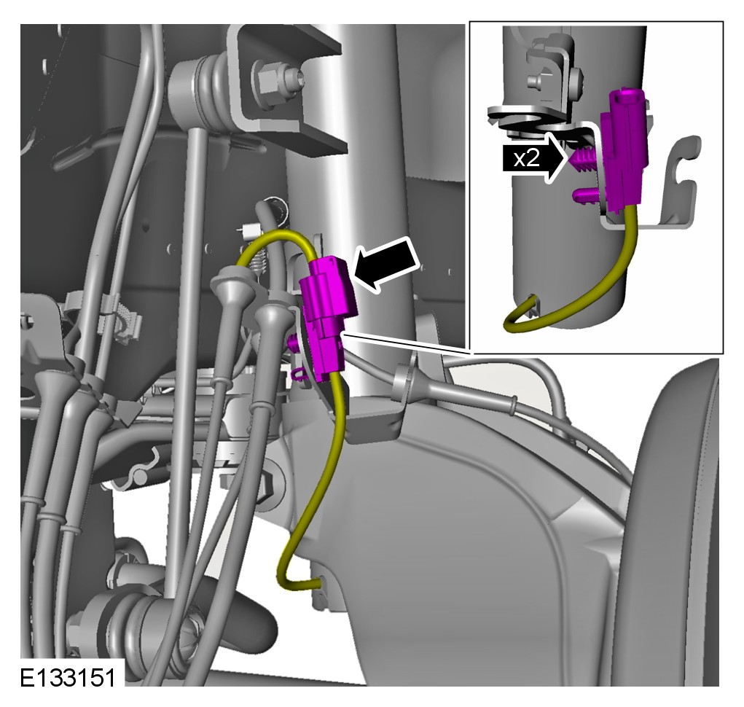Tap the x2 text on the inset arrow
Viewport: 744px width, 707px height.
(527, 158)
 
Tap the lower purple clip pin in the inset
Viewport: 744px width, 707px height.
(585, 195)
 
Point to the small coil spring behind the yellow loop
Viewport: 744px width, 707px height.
(259, 263)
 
